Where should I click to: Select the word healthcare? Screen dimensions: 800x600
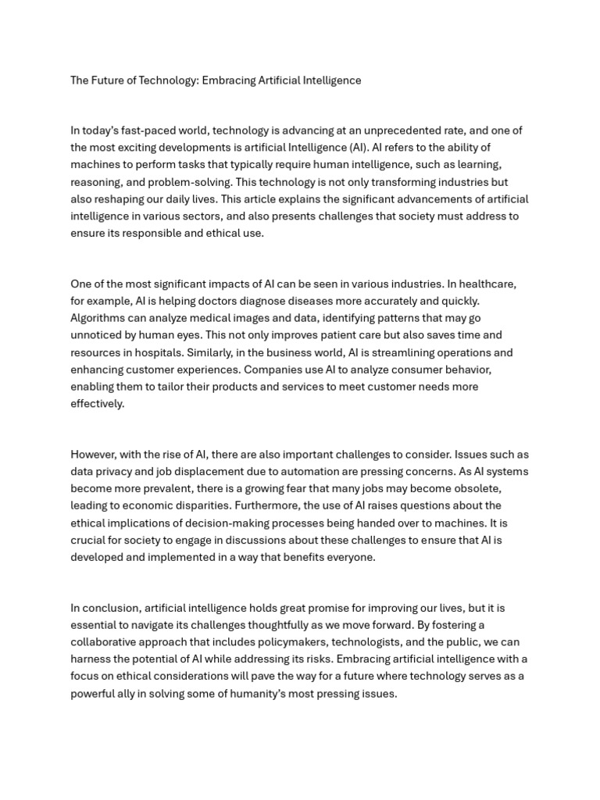tap(486, 284)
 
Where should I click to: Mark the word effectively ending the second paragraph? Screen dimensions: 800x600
tap(97, 404)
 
